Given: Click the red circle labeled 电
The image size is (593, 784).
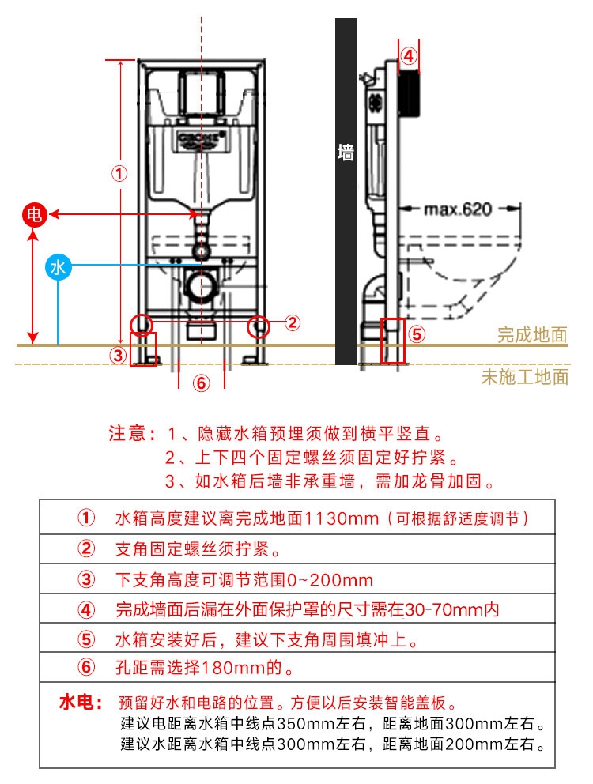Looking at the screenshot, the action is click(34, 215).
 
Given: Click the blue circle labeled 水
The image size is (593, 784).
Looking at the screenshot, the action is click(58, 267).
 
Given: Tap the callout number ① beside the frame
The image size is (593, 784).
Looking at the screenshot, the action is click(119, 174).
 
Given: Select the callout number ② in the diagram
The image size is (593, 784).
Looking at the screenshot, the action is click(293, 322).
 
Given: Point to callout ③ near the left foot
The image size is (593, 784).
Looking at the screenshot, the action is click(118, 356).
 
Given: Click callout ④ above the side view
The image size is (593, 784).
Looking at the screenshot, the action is click(409, 55).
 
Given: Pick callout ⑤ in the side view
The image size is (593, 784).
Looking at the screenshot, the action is click(417, 334).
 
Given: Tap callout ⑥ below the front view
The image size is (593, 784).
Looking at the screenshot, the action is click(201, 383).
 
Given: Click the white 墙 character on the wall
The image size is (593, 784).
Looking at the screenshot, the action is click(346, 152).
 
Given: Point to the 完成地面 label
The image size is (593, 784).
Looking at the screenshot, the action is click(532, 334).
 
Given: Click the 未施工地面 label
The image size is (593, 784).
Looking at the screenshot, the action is click(525, 376).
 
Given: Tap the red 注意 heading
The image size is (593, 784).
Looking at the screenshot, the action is click(127, 433).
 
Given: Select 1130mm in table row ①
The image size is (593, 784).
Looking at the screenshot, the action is click(342, 518).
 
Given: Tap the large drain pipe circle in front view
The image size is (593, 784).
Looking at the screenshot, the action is click(202, 285).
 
